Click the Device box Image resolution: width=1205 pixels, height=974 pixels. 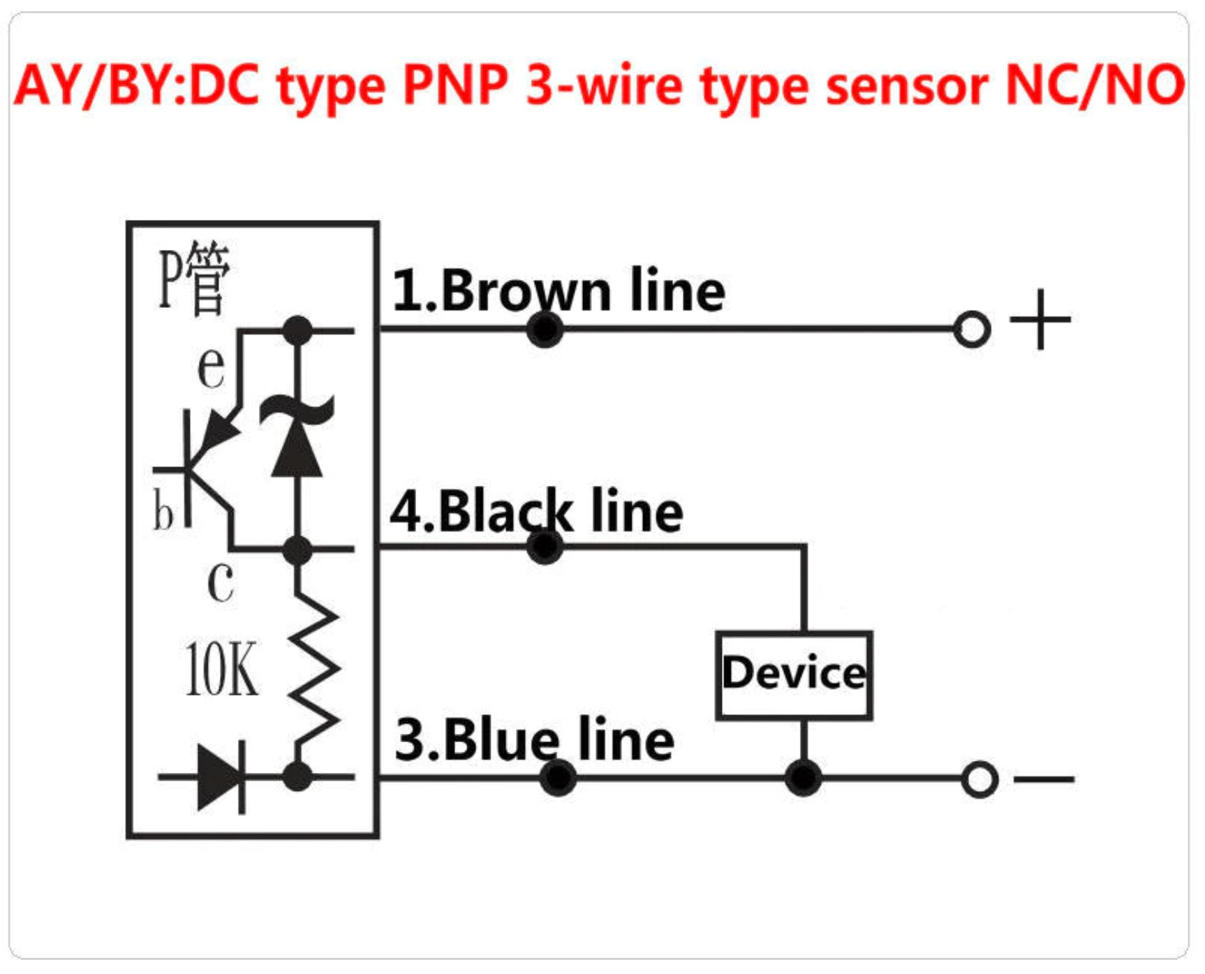(x=794, y=674)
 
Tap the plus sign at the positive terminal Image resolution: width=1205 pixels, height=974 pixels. (x=1040, y=319)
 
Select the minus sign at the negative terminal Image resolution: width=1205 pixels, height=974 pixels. (x=1044, y=779)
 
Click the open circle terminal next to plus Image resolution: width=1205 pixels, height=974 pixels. (x=971, y=329)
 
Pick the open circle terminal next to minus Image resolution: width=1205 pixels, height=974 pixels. (x=979, y=779)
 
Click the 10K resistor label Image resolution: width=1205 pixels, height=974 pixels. (x=221, y=670)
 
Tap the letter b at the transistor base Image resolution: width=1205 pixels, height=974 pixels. (x=163, y=510)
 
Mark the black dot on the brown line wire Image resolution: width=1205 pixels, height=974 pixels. (x=545, y=329)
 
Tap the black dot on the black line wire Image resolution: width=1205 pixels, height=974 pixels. (x=545, y=547)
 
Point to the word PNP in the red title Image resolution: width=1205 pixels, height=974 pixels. (x=455, y=86)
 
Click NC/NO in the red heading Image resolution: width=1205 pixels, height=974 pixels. (x=1094, y=86)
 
